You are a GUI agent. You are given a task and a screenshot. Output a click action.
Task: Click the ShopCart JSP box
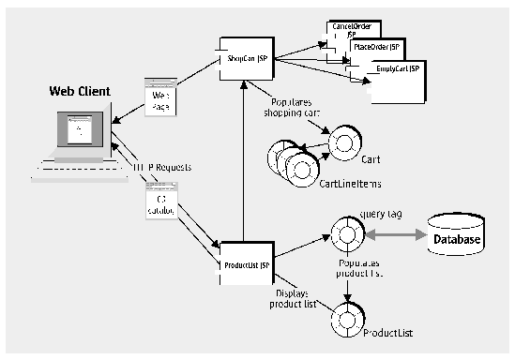[246, 58]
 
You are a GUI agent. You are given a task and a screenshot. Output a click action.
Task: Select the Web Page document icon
[158, 96]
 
